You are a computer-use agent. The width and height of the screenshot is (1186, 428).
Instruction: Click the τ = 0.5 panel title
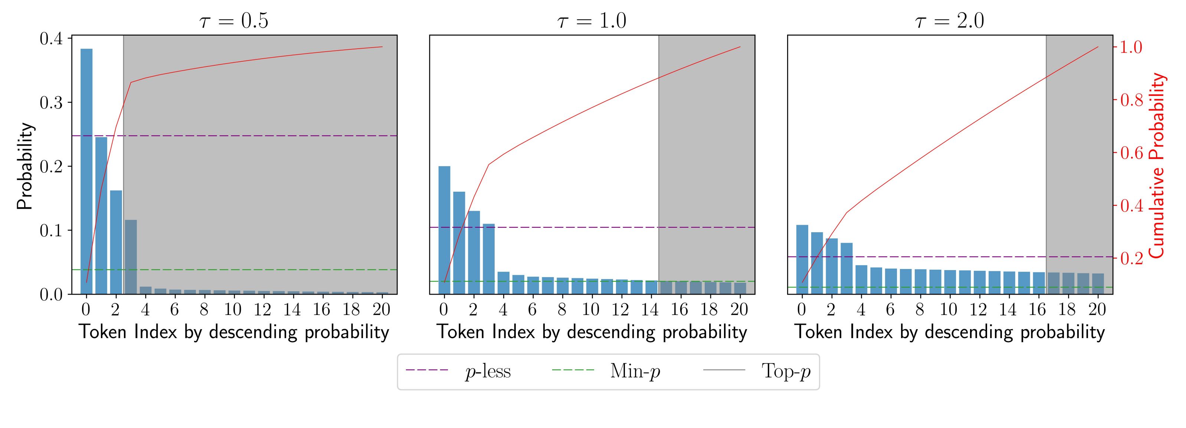point(234,21)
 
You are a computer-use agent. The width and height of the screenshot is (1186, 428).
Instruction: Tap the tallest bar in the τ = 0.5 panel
point(86,171)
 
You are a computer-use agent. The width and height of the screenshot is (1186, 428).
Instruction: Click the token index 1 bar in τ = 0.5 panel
point(101,215)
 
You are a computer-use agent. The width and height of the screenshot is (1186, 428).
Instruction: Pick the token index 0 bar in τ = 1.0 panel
point(444,230)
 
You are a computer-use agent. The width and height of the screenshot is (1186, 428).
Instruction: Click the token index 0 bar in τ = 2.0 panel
point(802,259)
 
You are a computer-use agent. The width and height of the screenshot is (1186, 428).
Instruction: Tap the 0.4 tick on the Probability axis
point(51,39)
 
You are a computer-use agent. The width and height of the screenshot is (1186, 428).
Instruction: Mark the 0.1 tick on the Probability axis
point(51,230)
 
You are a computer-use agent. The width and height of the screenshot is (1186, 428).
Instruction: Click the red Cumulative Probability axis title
point(1157,166)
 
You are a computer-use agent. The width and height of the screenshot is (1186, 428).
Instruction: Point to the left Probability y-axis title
point(25,166)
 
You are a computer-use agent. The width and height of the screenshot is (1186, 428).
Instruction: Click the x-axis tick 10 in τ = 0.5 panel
point(233,309)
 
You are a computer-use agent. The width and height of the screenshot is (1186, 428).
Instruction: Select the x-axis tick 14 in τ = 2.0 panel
point(1008,309)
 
